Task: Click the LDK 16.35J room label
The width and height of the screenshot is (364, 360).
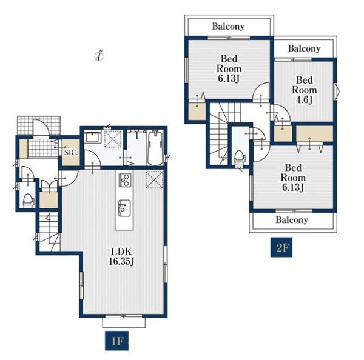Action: point(121,256)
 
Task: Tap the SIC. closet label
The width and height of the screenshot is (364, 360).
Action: point(71,153)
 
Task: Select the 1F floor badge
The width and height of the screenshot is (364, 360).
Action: point(116,341)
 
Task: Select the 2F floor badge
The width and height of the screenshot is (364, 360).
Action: point(281,247)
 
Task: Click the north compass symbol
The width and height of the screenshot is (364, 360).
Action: point(99,55)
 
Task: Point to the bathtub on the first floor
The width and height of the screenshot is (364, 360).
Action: point(155,148)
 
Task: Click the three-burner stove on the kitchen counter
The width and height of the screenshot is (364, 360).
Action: point(125,180)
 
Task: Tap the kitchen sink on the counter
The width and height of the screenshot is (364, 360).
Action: point(124,208)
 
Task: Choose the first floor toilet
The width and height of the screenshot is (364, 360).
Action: point(29,201)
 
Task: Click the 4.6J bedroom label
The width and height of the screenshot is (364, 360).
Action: point(304,90)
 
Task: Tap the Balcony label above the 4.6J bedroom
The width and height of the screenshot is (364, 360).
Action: point(304,48)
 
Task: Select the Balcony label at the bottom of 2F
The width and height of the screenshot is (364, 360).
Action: point(292,219)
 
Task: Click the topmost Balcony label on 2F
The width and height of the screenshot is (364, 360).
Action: point(228,26)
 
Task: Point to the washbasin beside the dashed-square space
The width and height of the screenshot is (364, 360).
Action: point(92,137)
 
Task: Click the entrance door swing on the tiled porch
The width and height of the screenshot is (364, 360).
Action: point(41,128)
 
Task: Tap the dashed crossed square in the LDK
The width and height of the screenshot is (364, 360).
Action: point(154,179)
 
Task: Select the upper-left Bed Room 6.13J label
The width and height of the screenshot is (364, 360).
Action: point(229,68)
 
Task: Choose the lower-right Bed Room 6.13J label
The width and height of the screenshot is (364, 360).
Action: point(293,178)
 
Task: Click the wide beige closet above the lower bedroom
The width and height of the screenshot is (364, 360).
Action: point(315,133)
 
